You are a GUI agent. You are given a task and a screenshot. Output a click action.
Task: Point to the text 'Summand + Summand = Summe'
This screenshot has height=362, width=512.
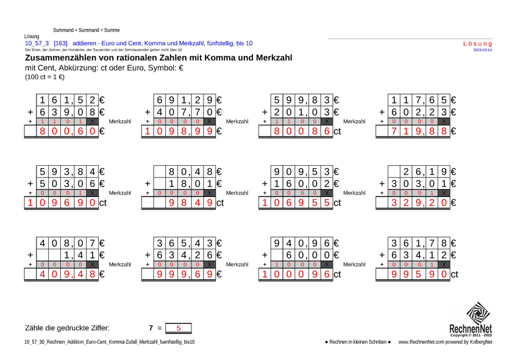[86, 30]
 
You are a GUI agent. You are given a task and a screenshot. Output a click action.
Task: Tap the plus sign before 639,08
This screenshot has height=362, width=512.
[30, 113]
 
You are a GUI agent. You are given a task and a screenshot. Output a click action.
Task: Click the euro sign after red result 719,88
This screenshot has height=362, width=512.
[453, 131]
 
